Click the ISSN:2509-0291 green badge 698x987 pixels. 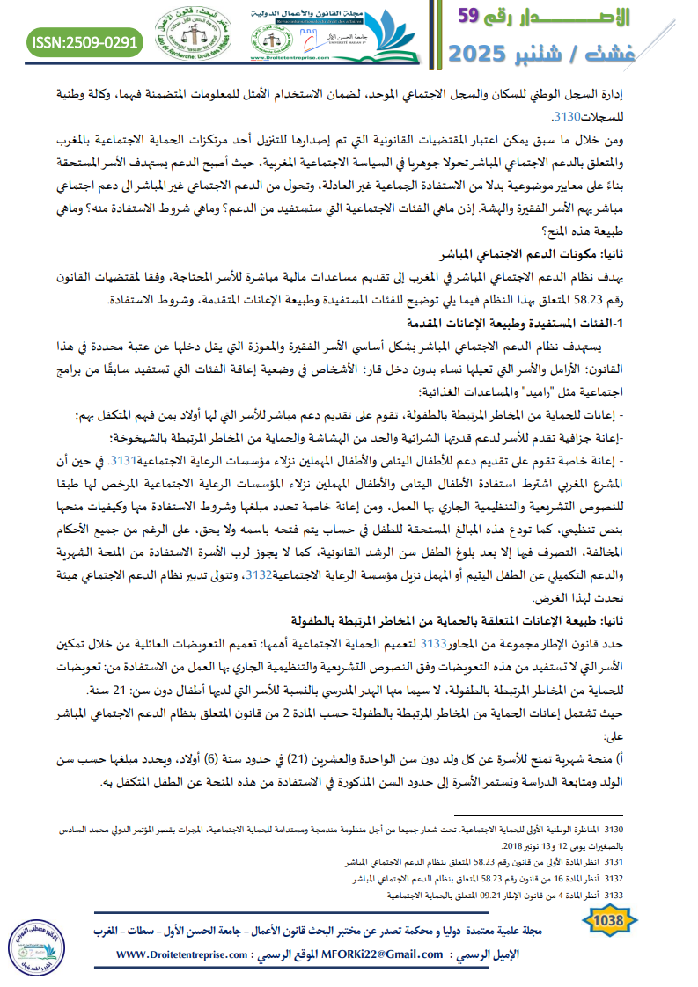[x=84, y=41]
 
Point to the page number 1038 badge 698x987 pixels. [x=605, y=920]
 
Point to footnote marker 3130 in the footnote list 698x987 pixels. [x=612, y=830]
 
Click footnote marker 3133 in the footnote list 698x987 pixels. [x=612, y=896]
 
